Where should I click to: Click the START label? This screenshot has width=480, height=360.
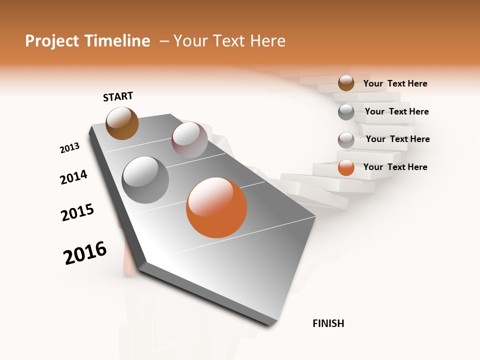[x=118, y=96]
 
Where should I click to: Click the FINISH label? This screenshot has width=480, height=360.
[x=328, y=323]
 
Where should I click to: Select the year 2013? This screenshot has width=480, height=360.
[x=69, y=148]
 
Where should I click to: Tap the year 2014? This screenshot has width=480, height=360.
[x=73, y=177]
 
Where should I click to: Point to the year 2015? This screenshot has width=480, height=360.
[x=77, y=212]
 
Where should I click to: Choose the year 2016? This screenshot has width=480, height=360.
[x=85, y=253]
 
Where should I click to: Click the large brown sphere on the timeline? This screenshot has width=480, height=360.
[x=122, y=123]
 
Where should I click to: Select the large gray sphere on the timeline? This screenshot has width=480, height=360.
[x=145, y=180]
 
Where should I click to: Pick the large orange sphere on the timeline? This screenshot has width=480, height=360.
[x=216, y=207]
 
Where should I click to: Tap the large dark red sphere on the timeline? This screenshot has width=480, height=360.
[x=189, y=140]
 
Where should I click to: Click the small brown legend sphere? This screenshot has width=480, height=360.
[x=346, y=83]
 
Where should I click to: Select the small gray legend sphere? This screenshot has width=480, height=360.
[x=346, y=112]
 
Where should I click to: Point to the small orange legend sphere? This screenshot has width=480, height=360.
[x=346, y=167]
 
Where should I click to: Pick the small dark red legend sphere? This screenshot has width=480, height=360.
[x=346, y=140]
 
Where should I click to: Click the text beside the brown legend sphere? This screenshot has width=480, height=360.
[x=395, y=84]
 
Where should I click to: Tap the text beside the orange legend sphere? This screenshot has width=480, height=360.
[x=395, y=167]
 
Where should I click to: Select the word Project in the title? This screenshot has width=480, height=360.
[x=51, y=41]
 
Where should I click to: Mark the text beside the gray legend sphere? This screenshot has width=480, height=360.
[x=396, y=111]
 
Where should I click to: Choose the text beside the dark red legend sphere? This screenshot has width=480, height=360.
[x=397, y=139]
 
